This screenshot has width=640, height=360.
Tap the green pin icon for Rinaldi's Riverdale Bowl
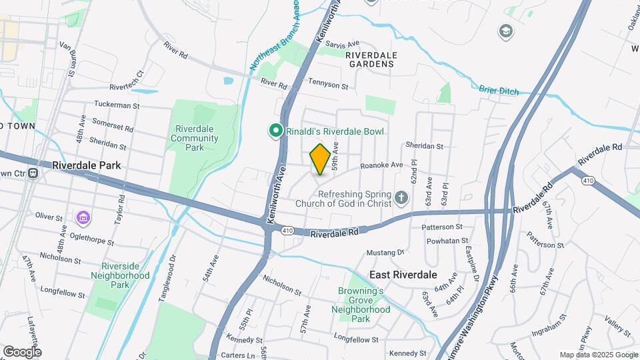(x=274, y=131)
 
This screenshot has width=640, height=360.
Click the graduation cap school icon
(x=505, y=31)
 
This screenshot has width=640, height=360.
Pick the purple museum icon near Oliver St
(x=83, y=217)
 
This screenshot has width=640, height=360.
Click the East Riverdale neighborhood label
(x=403, y=275)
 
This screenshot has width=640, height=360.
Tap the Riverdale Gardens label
(x=371, y=59)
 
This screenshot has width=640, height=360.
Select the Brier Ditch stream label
(x=498, y=91)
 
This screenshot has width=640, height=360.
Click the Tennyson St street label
(x=328, y=86)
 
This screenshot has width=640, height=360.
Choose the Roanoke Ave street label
(x=381, y=165)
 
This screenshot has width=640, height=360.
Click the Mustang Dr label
(x=387, y=253)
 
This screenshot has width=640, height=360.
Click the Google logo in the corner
(x=21, y=351)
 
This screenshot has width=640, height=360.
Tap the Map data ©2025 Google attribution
(x=598, y=355)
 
